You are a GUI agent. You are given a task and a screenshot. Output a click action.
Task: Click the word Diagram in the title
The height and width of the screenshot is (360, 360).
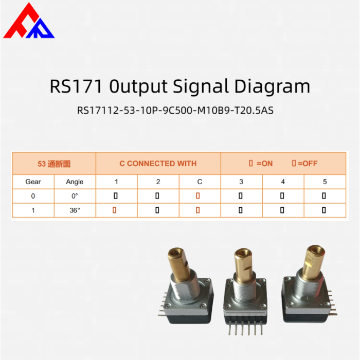click(272, 87)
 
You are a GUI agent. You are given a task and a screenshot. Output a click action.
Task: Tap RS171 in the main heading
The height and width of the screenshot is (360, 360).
click(76, 86)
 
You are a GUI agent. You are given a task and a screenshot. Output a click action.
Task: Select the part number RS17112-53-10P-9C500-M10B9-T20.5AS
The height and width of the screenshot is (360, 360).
click(175, 111)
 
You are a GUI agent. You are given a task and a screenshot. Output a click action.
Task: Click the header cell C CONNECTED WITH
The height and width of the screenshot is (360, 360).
click(158, 164)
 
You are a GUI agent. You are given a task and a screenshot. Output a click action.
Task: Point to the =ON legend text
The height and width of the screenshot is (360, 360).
click(264, 164)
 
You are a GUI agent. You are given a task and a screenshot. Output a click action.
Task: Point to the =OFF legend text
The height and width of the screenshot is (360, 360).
click(308, 164)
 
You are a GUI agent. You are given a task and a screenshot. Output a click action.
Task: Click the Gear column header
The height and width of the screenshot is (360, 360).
click(33, 182)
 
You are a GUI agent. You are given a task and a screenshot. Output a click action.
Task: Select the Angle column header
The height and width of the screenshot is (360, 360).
click(75, 182)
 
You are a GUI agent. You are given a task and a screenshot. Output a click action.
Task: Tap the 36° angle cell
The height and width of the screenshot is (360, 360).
click(75, 210)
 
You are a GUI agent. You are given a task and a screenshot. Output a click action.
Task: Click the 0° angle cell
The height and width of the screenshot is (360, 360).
click(75, 196)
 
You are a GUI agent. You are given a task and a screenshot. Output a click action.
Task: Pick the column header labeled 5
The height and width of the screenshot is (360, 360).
click(325, 182)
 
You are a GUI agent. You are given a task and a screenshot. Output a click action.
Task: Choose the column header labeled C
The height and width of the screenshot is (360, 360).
click(200, 182)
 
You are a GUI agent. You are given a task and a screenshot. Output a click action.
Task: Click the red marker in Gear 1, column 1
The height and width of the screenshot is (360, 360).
click(114, 210)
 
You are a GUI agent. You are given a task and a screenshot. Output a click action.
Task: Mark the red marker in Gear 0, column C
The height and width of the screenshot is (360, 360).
click(197, 196)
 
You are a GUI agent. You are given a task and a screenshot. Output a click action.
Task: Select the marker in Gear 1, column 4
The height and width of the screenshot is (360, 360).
click(282, 210)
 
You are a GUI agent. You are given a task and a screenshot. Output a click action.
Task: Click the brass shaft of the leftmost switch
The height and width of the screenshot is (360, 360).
click(179, 264)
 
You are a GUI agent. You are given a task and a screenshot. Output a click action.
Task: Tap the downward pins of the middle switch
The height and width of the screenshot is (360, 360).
click(246, 328)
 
